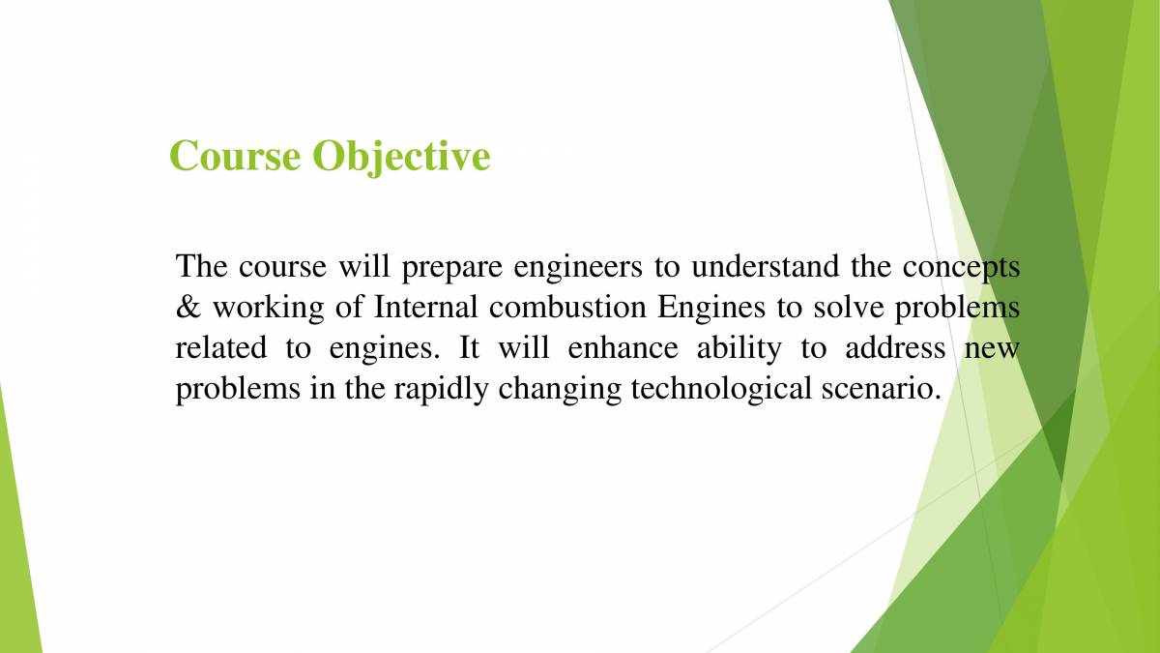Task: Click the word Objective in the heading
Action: [400, 157]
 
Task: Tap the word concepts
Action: [961, 267]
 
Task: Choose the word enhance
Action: [623, 347]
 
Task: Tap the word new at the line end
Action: [992, 349]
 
